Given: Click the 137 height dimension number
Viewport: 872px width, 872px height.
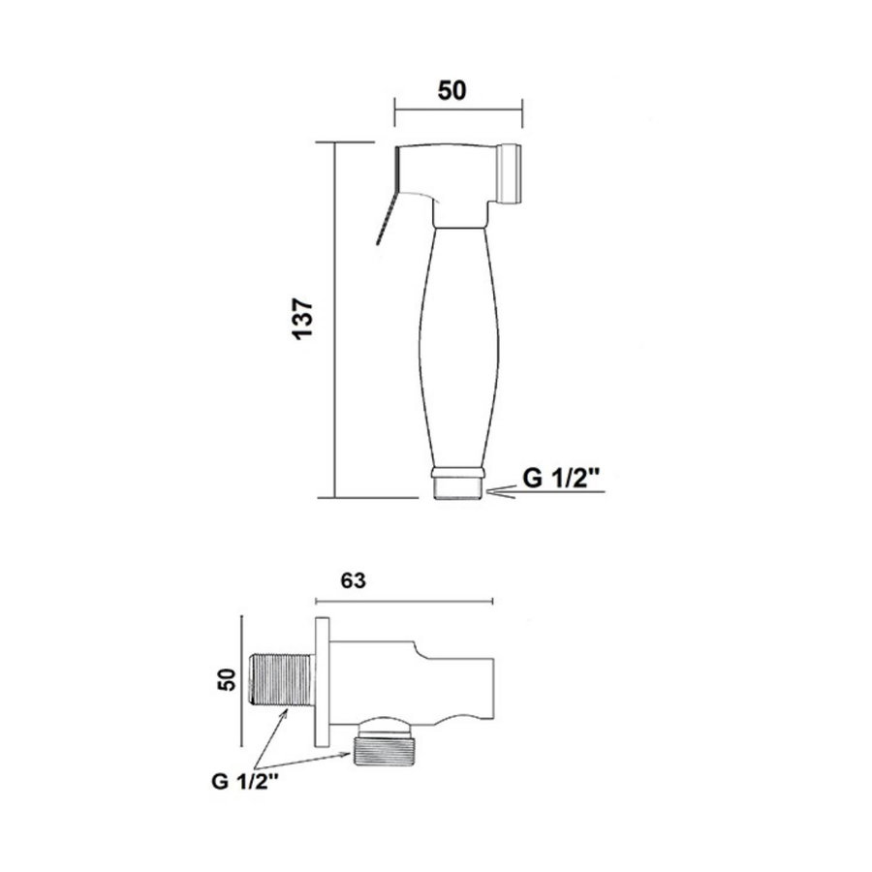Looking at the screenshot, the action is tap(303, 319).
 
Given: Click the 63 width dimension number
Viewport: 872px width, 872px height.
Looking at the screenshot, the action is tap(353, 580).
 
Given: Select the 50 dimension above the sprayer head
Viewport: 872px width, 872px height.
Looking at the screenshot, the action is tap(452, 91).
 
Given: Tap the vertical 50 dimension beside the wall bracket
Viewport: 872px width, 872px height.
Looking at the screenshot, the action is tap(227, 679).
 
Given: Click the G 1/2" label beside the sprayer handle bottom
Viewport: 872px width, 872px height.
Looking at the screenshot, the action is tap(562, 478).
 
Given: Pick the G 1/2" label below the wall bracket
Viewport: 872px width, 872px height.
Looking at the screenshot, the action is tap(245, 781).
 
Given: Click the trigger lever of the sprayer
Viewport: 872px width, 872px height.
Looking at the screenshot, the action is tap(386, 217).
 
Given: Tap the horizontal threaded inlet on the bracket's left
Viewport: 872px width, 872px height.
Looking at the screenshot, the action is tap(281, 679).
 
